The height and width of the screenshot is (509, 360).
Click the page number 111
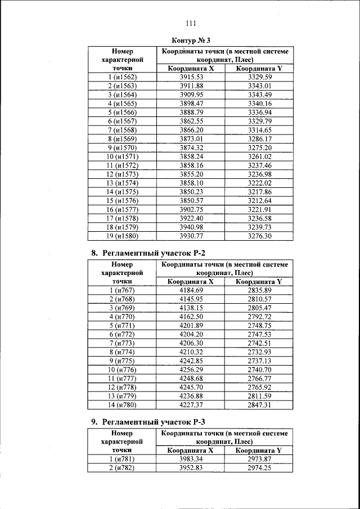pos(190,23)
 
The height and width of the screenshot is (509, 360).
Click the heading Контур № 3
pos(191,41)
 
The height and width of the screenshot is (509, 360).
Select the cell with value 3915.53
pos(191,76)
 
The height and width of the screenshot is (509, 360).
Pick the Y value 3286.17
pos(260,138)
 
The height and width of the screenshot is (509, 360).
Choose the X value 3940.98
pos(191,227)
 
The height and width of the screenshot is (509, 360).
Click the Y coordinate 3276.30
pos(260,236)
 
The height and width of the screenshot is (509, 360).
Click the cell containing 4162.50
pos(191,316)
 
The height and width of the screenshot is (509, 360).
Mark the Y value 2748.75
pos(260,325)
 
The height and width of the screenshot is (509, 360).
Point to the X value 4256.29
pos(191,370)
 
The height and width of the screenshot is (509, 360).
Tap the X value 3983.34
pos(191,458)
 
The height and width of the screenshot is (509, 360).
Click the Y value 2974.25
pos(260,467)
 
